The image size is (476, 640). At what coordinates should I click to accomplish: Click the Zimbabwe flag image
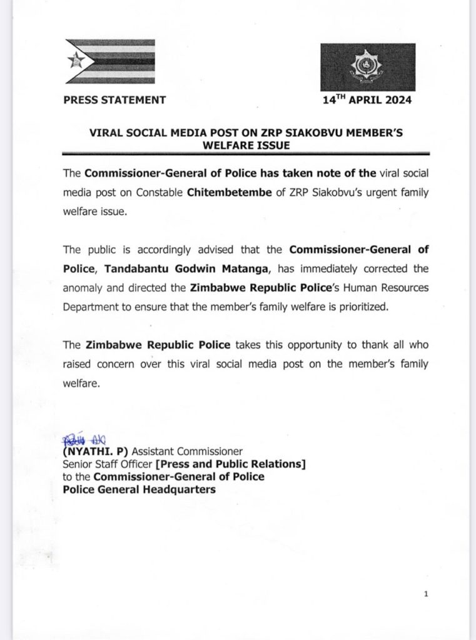(x=109, y=61)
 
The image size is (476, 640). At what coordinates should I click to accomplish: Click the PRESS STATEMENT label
(x=114, y=99)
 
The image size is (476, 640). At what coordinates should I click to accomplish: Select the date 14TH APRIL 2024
(x=367, y=99)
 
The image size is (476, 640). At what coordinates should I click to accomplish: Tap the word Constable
(x=158, y=192)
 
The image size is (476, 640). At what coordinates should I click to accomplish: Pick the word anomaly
(x=84, y=289)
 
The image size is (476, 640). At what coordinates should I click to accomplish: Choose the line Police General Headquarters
(x=139, y=489)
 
